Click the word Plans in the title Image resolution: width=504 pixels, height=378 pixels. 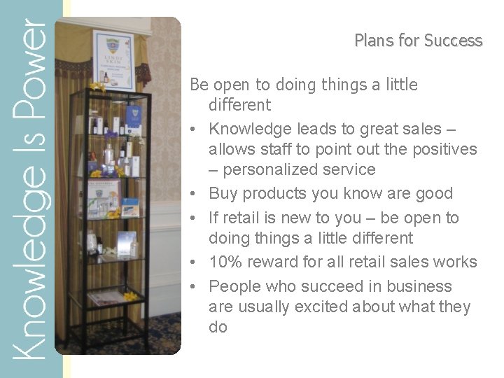tap(374, 41)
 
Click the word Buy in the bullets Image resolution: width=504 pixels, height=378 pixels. tap(223, 193)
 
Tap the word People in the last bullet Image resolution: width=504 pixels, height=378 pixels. tap(234, 286)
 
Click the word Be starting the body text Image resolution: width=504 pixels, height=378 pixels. tap(199, 85)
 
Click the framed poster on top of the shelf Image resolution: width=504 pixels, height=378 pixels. tap(113, 60)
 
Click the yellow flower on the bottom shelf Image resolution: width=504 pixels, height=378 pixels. tap(130, 297)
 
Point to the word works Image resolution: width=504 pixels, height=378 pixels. tap(454, 262)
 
